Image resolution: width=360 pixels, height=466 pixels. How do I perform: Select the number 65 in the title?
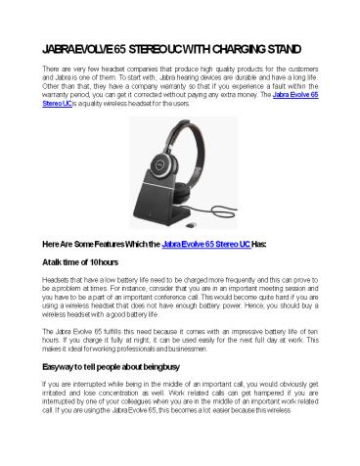tap(129, 47)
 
